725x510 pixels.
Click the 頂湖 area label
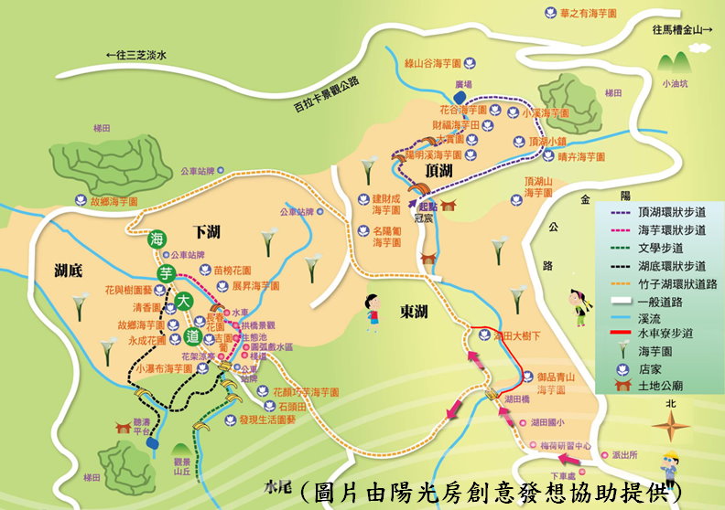coord(438,171)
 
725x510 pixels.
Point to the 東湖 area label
coord(414,313)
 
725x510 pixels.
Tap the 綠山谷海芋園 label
coord(437,63)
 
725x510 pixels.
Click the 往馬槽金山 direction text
coord(682,29)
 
